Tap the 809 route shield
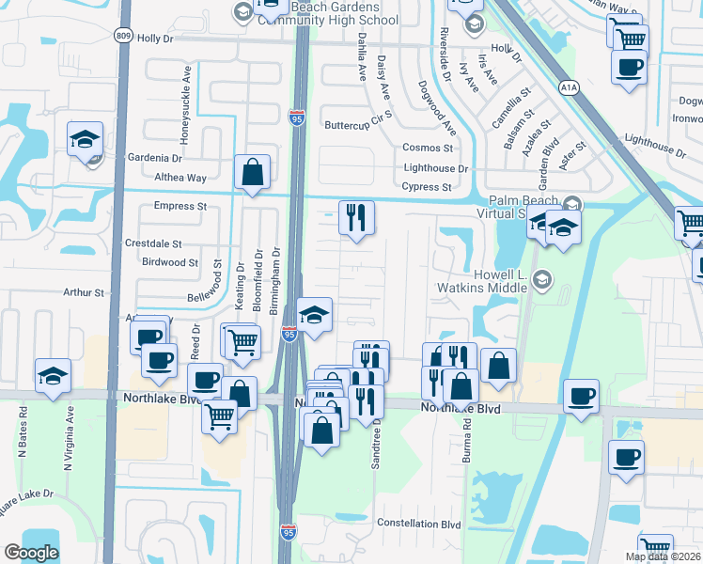124,35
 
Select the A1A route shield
568,87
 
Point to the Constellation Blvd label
419,524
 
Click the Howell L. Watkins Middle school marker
540,279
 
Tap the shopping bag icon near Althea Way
252,173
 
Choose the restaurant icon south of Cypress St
356,218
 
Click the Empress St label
180,206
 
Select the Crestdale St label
153,243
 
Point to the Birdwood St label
169,263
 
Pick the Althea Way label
180,178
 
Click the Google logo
31,553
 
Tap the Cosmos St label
428,148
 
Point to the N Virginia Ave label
70,432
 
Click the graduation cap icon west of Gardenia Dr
85,139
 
